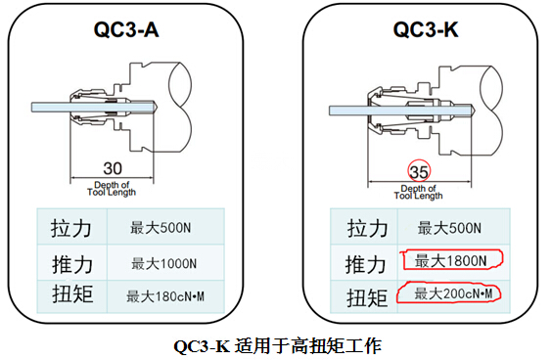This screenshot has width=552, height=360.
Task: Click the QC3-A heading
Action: [126, 29]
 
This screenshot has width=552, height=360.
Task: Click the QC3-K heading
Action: [426, 29]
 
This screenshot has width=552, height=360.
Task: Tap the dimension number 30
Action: [113, 168]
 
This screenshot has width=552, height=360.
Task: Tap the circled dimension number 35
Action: [419, 172]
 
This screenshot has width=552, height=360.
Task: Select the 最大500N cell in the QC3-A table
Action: [161, 228]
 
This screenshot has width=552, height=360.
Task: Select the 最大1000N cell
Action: [163, 263]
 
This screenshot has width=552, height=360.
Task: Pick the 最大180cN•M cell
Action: [165, 296]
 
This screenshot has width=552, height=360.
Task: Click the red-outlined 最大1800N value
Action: [451, 259]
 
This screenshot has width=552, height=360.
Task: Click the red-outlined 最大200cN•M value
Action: [449, 292]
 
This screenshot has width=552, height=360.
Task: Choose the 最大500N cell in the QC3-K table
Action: [449, 228]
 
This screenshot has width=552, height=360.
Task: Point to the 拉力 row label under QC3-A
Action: [71, 228]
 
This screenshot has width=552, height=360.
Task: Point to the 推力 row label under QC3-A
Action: [72, 265]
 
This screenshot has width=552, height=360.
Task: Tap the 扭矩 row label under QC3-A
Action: [72, 294]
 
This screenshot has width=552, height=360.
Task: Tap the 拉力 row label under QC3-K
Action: [368, 228]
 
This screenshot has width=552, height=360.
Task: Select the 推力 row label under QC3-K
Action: [366, 265]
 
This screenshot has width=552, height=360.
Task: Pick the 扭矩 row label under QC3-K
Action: [367, 297]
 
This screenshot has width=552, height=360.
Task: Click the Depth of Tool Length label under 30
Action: [112, 189]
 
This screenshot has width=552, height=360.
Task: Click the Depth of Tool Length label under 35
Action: [418, 192]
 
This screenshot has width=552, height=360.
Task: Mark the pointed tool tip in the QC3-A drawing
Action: [156, 107]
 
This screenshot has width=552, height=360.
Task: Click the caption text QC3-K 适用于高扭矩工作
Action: [278, 346]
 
